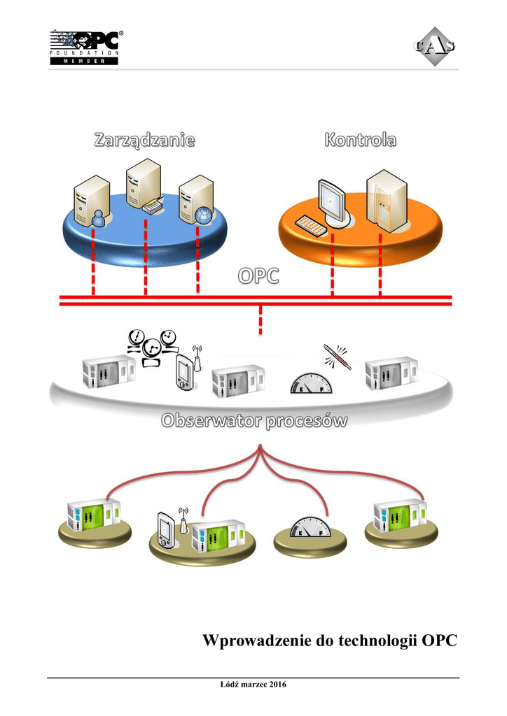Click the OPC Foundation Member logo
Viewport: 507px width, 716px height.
84,47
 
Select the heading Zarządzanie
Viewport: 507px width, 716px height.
144,141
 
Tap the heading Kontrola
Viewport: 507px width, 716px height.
360,140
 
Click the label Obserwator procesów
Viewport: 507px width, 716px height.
255,422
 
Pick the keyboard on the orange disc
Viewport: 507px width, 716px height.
310,226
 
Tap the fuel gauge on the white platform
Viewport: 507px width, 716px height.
309,384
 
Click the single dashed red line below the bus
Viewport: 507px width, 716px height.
261,320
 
